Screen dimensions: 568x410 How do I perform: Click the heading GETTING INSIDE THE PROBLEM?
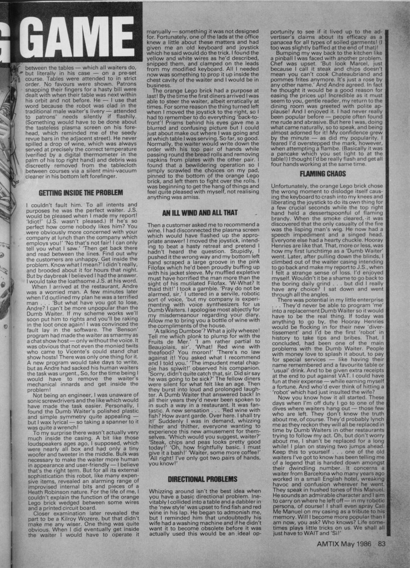(x=81, y=193)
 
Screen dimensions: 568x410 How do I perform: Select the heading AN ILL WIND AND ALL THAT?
(x=200, y=213)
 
